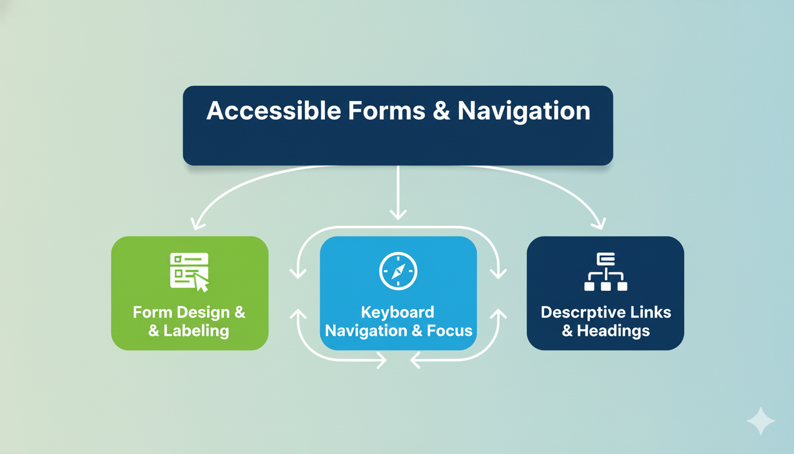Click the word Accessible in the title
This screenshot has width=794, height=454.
coord(273,111)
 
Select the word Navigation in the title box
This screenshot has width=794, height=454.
coord(523,111)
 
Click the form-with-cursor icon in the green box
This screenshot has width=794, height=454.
coord(189,271)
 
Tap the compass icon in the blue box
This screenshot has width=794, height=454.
coord(398,271)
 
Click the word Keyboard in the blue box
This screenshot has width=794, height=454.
coord(398,312)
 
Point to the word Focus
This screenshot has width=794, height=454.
coord(450,330)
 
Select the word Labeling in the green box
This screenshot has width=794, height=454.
coord(197,330)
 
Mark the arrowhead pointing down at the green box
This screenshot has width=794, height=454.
coord(197,224)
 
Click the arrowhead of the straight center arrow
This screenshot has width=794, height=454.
coord(398,214)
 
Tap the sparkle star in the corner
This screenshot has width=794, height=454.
coord(760,421)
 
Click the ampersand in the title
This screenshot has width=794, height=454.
coord(441,111)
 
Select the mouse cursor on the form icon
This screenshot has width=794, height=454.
coord(201,283)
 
